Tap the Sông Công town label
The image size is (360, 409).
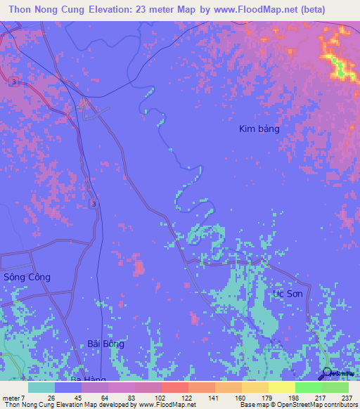[x=27, y=277]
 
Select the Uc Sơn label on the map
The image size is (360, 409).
[x=288, y=293]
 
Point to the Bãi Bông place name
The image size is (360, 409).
[x=106, y=344]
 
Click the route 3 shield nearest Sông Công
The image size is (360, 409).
[x=94, y=203]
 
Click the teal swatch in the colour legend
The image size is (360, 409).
[x=41, y=387]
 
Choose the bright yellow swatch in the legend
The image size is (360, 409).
[x=282, y=387]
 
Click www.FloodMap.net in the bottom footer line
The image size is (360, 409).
[x=158, y=405]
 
